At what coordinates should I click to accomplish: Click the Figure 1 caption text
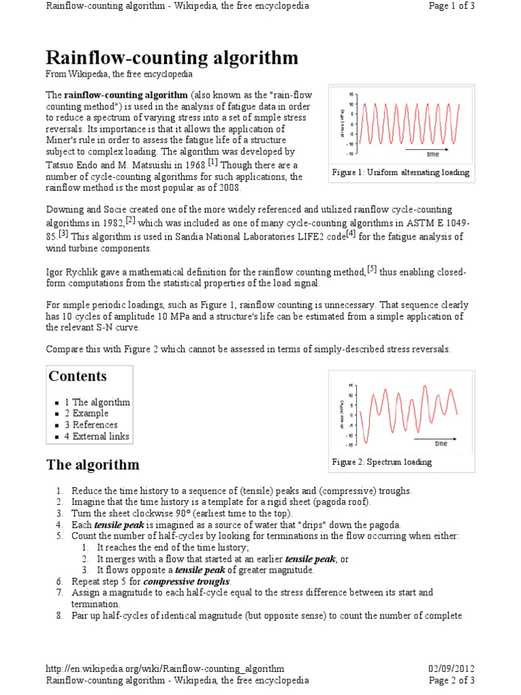coord(400,172)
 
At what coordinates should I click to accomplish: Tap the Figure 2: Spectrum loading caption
coord(381,462)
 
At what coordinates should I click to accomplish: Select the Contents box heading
coord(77,377)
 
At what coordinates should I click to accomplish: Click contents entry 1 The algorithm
coord(97,402)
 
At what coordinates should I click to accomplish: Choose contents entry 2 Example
coord(86,413)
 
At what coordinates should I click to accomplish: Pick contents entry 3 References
coord(91,425)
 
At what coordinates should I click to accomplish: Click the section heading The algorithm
coord(92,465)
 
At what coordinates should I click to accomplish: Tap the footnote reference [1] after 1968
coord(213,163)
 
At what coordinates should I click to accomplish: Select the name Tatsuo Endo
coord(75,165)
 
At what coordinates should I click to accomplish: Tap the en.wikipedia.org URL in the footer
coord(165,669)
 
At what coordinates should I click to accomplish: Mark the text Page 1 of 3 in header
coord(452,6)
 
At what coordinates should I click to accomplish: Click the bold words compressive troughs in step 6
coord(187,582)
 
